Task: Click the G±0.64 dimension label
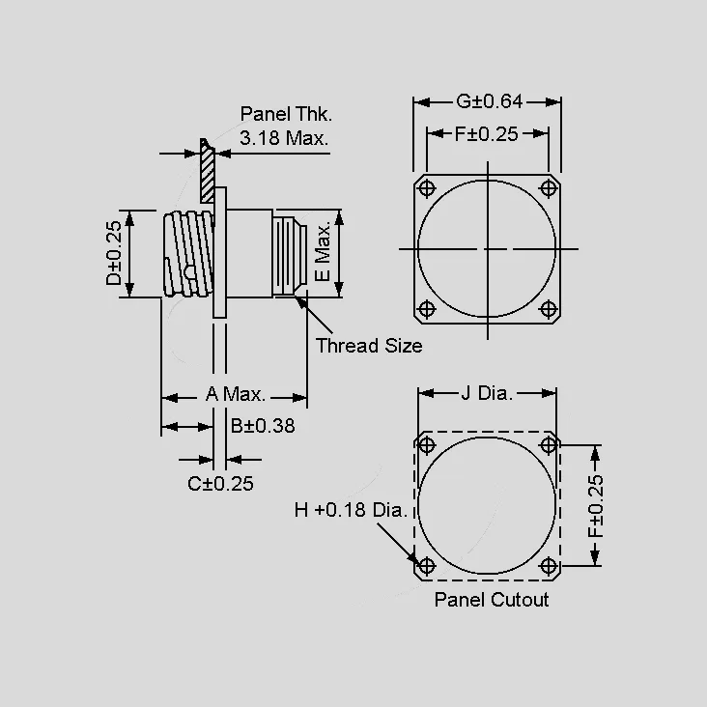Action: pos(490,101)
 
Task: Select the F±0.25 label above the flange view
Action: pos(487,134)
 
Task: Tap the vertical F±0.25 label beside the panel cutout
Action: pos(596,505)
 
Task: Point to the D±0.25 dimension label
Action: pos(114,253)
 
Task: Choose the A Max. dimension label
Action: pos(236,394)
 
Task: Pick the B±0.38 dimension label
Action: pos(263,426)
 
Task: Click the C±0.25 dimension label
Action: pos(220,484)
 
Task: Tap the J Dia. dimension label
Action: pos(487,393)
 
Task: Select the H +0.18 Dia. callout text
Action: pos(351,510)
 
